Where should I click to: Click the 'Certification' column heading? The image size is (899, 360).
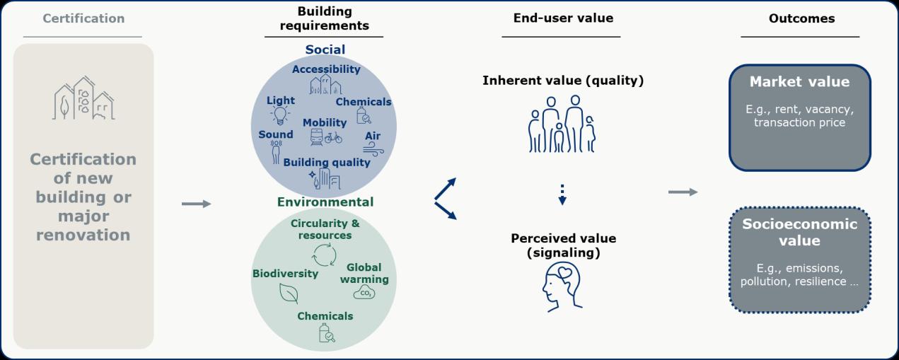click(x=83, y=18)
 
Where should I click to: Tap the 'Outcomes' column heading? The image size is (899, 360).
click(x=801, y=18)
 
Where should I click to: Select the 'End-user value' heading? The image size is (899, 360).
click(x=563, y=18)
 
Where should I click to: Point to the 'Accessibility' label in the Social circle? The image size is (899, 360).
click(x=326, y=69)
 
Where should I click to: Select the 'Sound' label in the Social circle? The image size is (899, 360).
click(x=275, y=134)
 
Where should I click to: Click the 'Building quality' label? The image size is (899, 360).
click(x=327, y=163)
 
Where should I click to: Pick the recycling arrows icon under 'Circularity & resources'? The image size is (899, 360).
click(x=325, y=254)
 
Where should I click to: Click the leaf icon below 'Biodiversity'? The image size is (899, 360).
click(x=288, y=292)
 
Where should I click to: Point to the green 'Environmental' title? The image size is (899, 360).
click(x=325, y=202)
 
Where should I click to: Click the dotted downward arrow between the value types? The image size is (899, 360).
click(x=562, y=194)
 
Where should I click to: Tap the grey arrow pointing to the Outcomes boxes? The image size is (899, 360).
click(x=683, y=192)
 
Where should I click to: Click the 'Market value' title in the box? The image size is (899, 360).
click(x=799, y=82)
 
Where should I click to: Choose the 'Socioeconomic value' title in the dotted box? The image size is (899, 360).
click(x=799, y=233)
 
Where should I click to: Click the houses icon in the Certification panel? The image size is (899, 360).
click(x=83, y=98)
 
